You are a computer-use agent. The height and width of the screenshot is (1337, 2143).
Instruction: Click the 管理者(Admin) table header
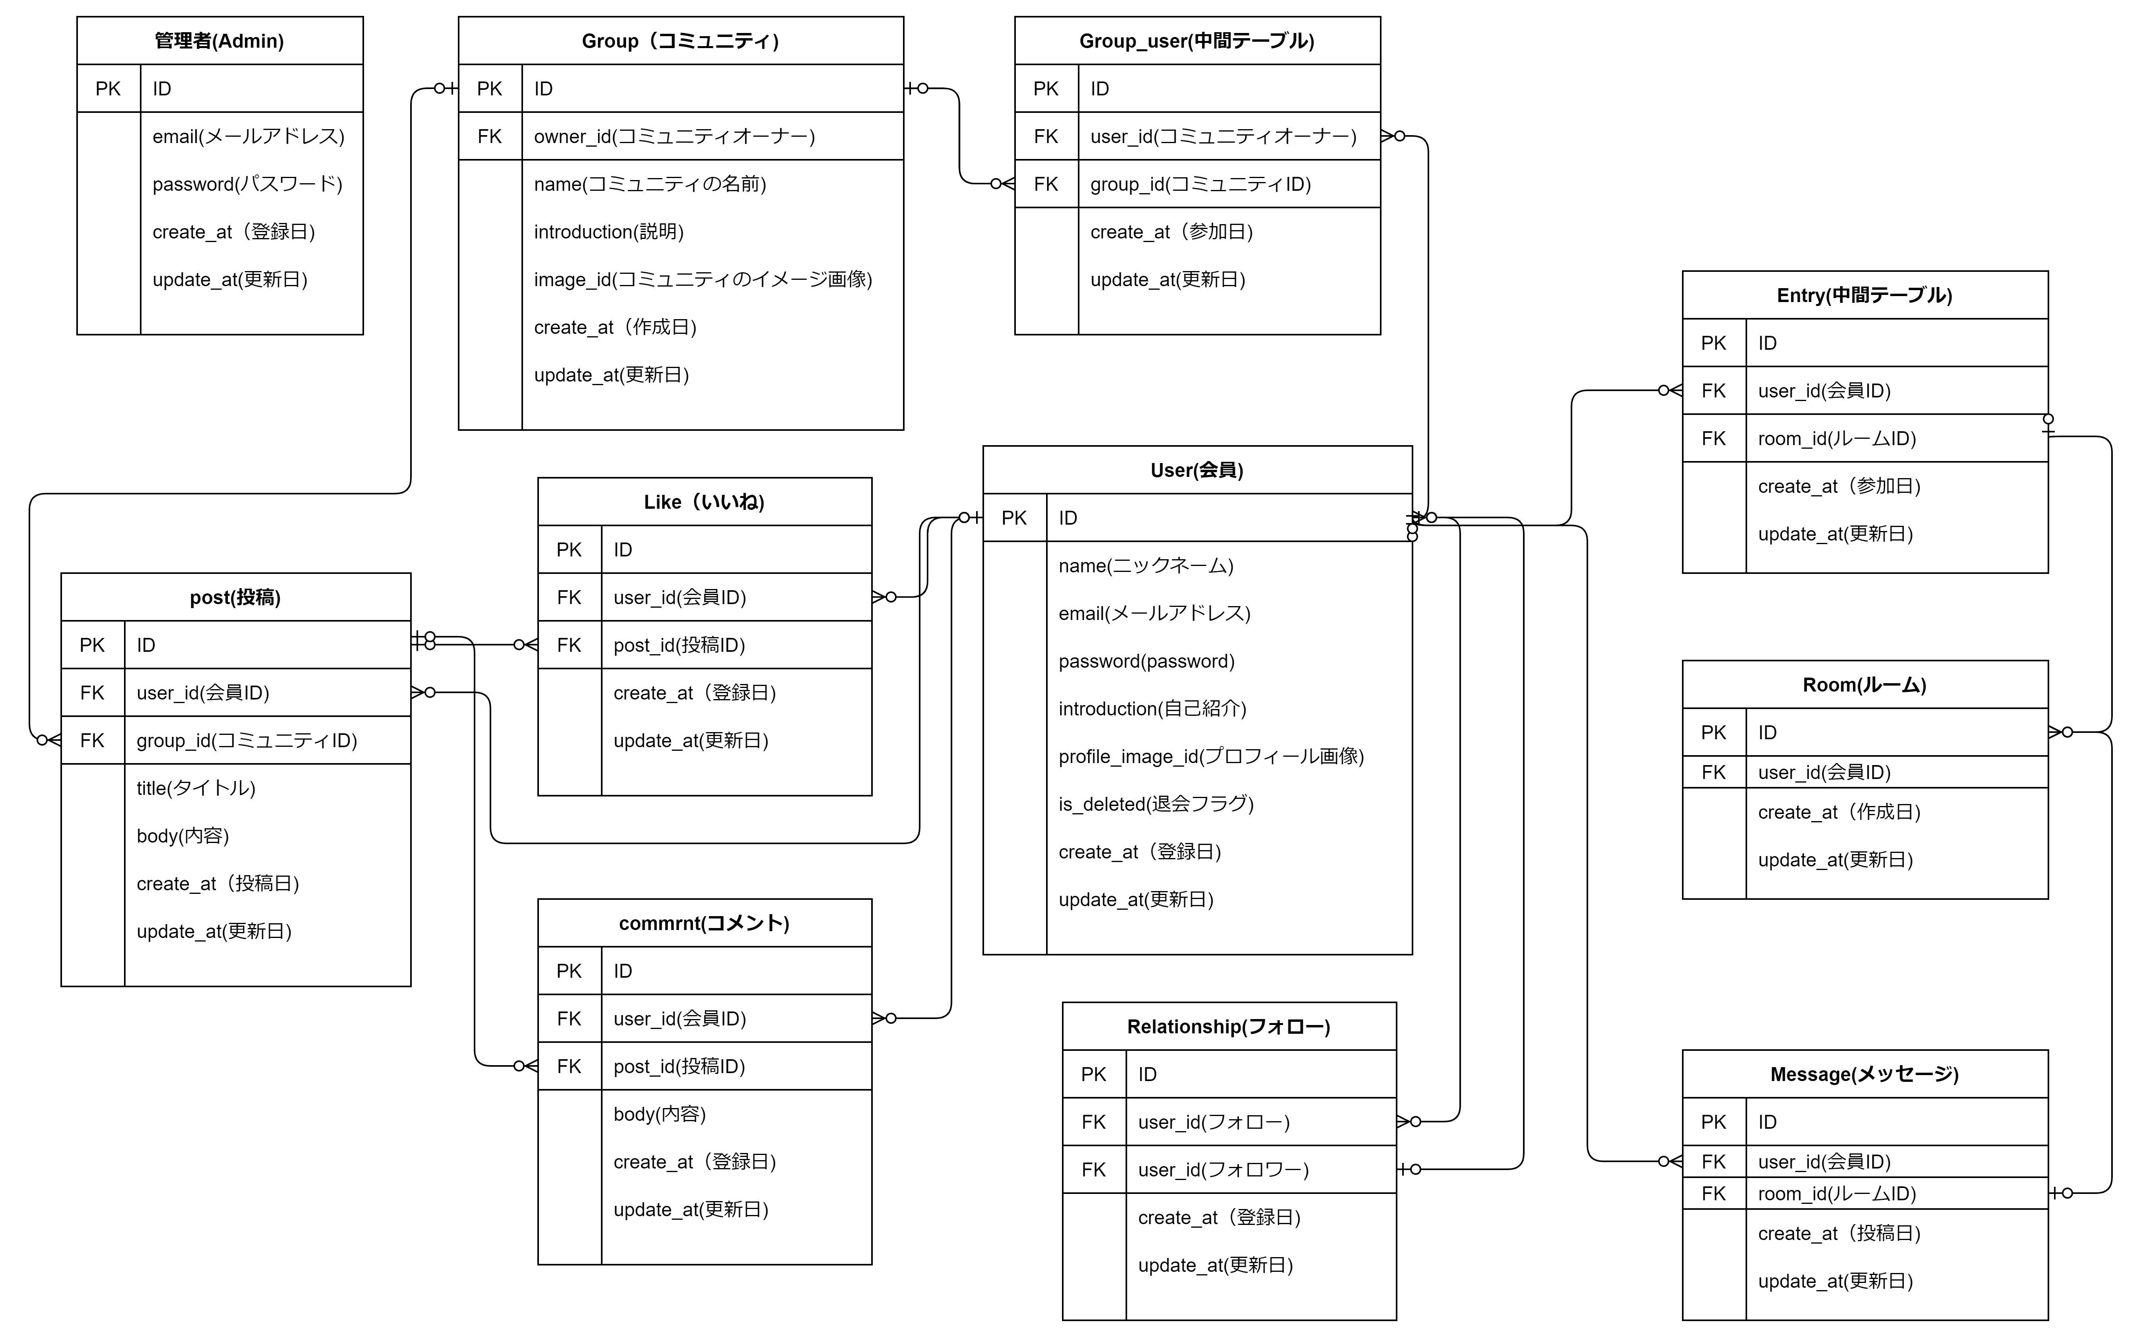pos(219,41)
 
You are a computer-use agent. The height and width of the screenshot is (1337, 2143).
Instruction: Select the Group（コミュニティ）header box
pos(681,41)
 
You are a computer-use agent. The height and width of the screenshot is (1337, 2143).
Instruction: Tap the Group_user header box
pos(1197,41)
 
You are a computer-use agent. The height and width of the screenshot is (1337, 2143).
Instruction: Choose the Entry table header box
pos(1864,295)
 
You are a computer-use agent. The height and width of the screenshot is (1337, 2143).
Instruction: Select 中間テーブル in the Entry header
pos(1888,295)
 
